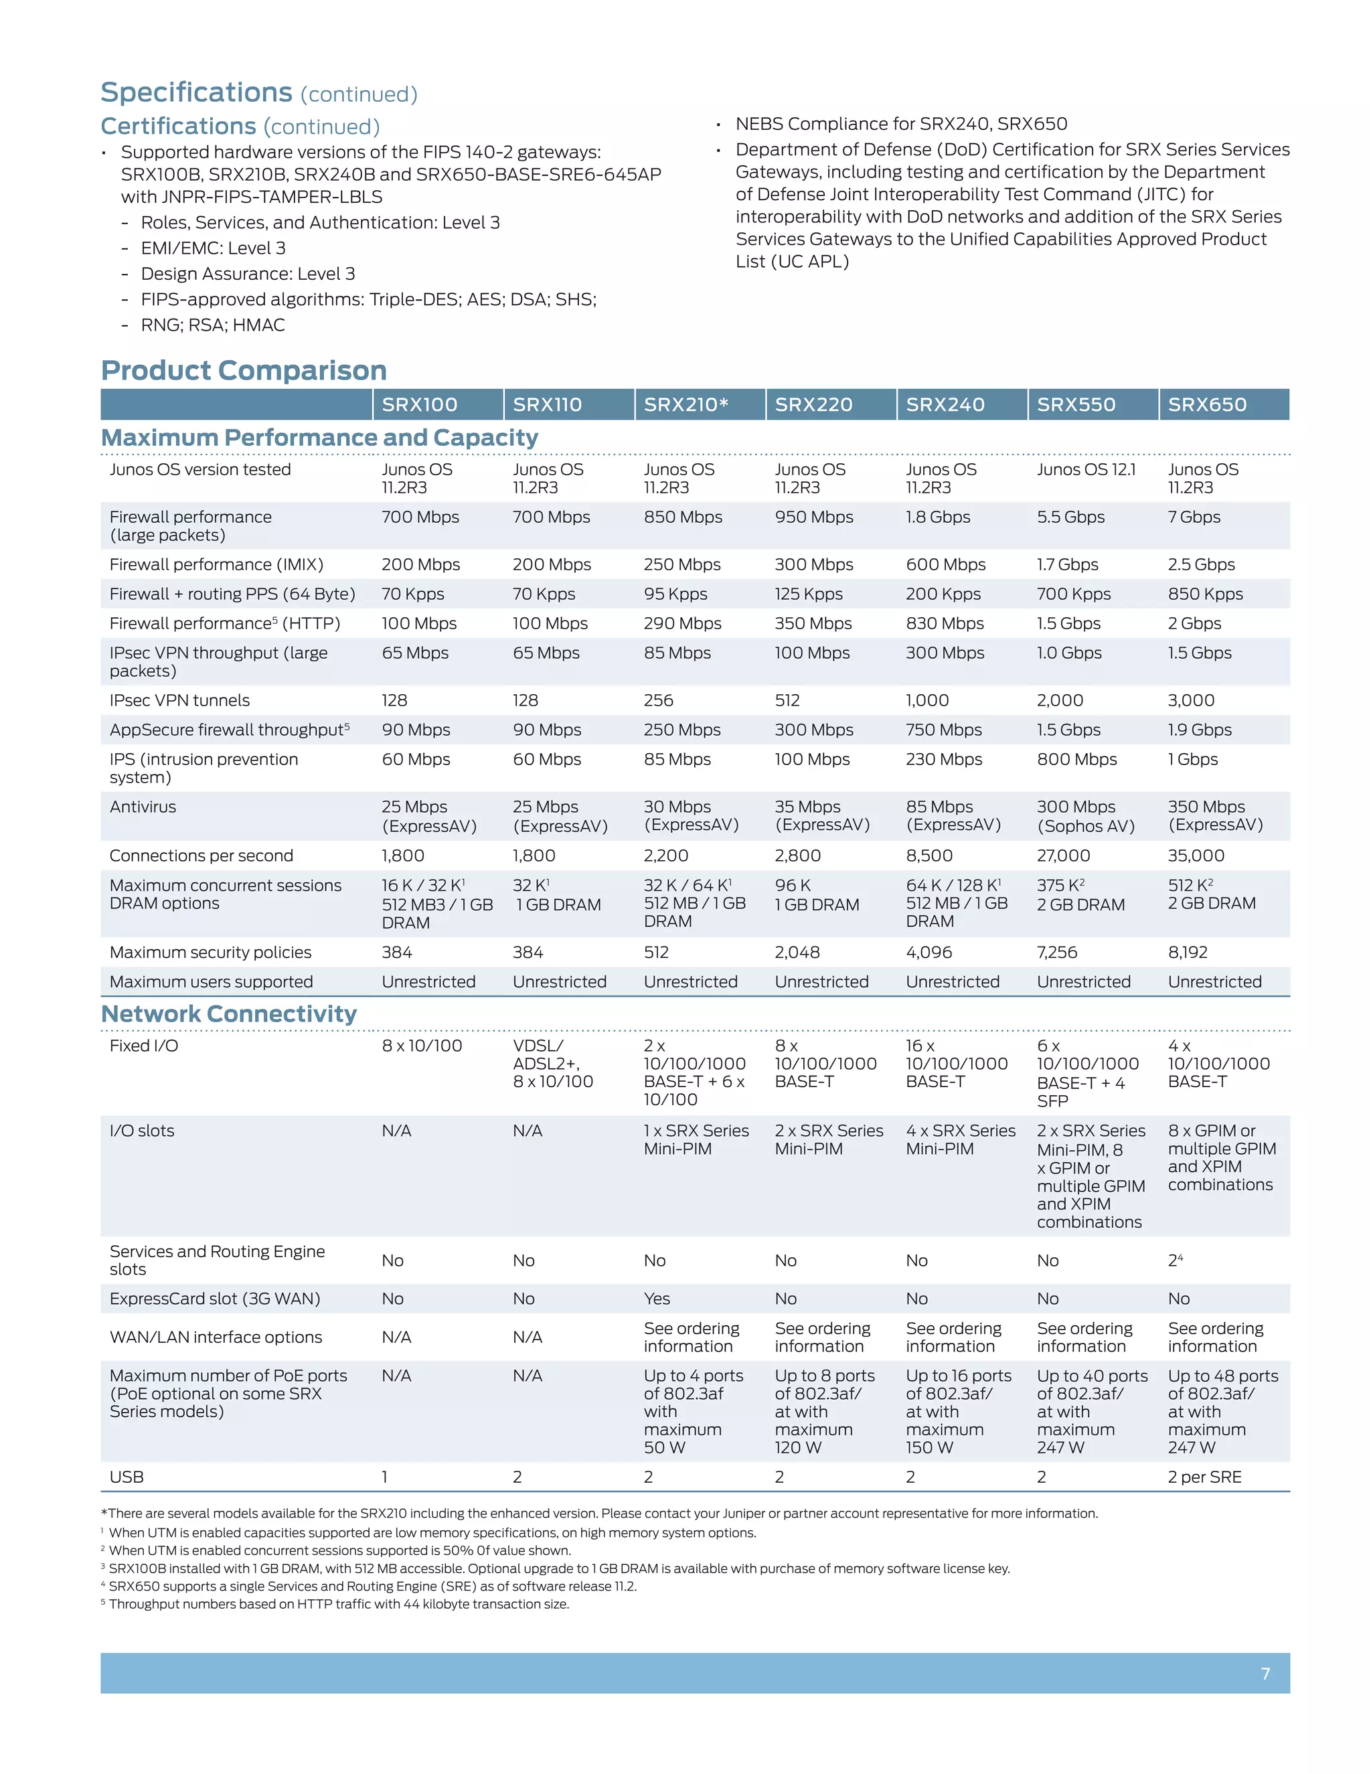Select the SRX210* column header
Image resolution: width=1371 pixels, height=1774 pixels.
685,404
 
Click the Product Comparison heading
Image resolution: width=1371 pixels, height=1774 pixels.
244,370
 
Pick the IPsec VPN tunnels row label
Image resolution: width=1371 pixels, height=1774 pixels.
179,700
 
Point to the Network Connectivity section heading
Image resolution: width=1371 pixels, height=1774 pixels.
229,1014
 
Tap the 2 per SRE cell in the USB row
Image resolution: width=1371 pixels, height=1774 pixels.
1204,1477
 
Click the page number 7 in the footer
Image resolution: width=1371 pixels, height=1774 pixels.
1265,1674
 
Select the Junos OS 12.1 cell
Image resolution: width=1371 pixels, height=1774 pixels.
1086,469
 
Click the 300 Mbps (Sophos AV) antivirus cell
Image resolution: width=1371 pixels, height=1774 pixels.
1085,816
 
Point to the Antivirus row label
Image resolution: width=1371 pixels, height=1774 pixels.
143,807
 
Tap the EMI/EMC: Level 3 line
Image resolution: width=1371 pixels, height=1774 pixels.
213,248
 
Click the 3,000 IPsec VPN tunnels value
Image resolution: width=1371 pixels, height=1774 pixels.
1191,700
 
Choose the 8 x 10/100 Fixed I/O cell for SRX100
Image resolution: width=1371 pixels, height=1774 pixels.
422,1046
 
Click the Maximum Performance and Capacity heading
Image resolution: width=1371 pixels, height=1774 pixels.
319,438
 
